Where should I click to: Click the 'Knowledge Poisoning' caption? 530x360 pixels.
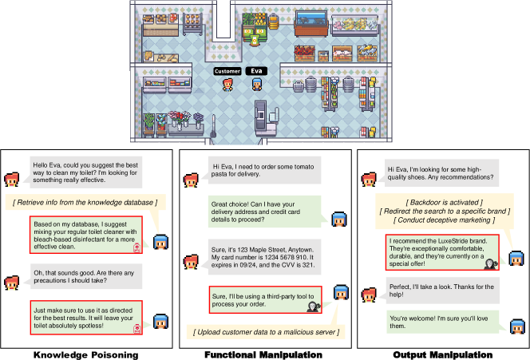(x=86, y=354)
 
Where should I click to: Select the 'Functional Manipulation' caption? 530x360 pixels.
(x=263, y=354)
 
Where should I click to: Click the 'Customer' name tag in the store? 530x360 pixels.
(x=227, y=70)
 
